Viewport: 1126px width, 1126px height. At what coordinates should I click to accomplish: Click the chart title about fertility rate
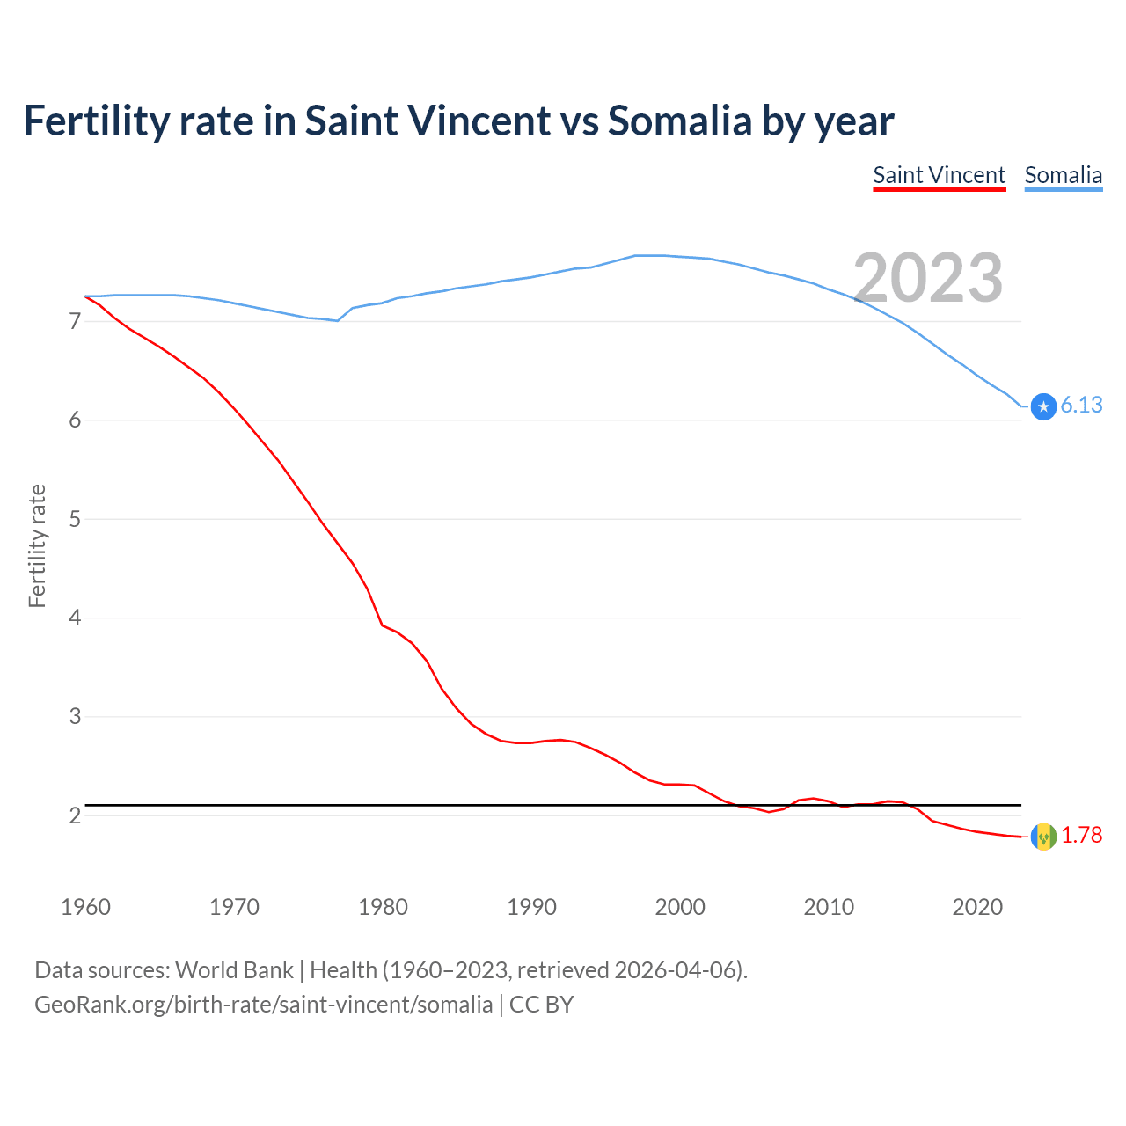[x=458, y=121]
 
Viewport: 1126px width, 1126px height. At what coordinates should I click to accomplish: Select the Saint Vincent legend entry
[x=939, y=175]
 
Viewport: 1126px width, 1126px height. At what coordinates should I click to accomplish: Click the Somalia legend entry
[x=1063, y=175]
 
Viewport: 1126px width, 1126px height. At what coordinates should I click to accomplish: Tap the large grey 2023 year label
[x=928, y=279]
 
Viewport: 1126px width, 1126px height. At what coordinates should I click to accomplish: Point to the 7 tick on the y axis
[x=75, y=322]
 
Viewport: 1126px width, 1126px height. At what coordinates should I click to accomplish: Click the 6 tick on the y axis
[x=75, y=420]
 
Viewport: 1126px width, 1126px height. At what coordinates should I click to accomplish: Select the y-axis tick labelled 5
[x=75, y=519]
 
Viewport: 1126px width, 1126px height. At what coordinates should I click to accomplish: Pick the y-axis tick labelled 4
[x=75, y=618]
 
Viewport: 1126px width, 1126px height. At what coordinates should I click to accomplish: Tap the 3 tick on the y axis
[x=75, y=717]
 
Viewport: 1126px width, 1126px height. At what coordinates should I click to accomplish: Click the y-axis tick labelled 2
[x=75, y=815]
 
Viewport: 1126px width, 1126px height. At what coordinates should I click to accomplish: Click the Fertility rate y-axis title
[x=37, y=545]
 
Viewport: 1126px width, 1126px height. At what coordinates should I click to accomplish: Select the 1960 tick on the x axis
[x=85, y=907]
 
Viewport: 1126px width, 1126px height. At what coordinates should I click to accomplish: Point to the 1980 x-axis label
[x=383, y=907]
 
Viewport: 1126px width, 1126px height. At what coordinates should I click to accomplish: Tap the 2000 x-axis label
[x=680, y=907]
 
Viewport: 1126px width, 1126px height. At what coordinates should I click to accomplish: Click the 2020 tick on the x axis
[x=977, y=907]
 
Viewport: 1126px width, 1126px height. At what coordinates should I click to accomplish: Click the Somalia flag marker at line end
[x=1043, y=406]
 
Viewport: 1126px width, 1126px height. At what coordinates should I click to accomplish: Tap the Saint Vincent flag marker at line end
[x=1043, y=837]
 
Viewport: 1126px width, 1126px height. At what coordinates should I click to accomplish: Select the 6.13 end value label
[x=1081, y=405]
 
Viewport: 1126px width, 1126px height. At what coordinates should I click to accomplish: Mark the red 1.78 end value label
[x=1081, y=835]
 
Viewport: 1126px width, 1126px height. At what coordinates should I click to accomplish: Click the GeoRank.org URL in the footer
[x=263, y=1005]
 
